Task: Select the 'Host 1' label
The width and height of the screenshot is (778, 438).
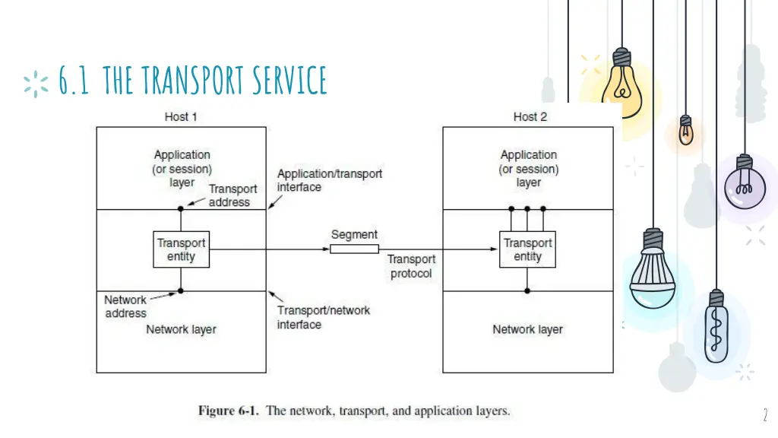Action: point(181,116)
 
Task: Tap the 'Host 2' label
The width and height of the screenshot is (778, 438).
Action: point(530,116)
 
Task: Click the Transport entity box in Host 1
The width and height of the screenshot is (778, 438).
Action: point(181,249)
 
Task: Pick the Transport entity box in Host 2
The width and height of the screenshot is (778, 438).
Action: point(527,249)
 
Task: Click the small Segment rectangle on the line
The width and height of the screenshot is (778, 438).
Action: point(354,249)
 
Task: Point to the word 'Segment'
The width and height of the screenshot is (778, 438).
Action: point(354,235)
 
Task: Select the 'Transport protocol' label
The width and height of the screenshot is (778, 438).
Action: point(411,267)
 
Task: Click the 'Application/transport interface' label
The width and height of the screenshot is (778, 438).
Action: point(329,180)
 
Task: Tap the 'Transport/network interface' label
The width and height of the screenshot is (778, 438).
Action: point(324,317)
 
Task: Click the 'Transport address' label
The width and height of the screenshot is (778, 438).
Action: point(232,195)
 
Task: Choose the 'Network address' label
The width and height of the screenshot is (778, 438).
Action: point(125,306)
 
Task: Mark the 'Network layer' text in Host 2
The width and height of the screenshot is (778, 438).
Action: point(527,329)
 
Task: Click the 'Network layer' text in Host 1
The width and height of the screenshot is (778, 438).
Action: point(181,329)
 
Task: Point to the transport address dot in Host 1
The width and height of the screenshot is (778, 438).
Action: point(181,208)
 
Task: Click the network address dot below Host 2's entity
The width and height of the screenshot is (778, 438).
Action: point(527,290)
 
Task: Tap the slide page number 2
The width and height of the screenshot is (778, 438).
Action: point(765,415)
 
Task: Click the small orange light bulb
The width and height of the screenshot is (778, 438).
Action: point(685,131)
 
